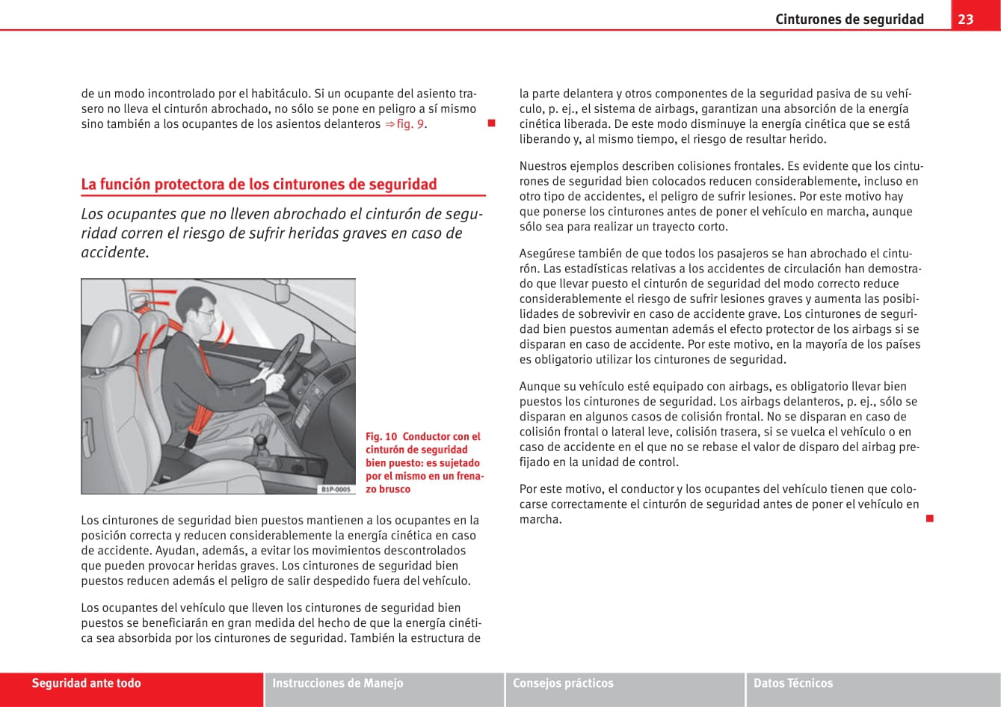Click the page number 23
pyautogui.click(x=966, y=19)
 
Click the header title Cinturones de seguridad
pyautogui.click(x=849, y=19)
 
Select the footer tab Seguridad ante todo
pyautogui.click(x=86, y=683)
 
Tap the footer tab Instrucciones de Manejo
pyautogui.click(x=338, y=683)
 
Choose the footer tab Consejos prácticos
pyautogui.click(x=563, y=683)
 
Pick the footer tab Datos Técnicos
pyautogui.click(x=793, y=683)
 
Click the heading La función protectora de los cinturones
pyautogui.click(x=259, y=184)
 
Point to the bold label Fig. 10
pyautogui.click(x=381, y=436)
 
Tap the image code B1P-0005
pyautogui.click(x=336, y=489)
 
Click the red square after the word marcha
pyautogui.click(x=929, y=518)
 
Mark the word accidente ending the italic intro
pyautogui.click(x=114, y=252)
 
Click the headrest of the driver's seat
pyautogui.click(x=153, y=329)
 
